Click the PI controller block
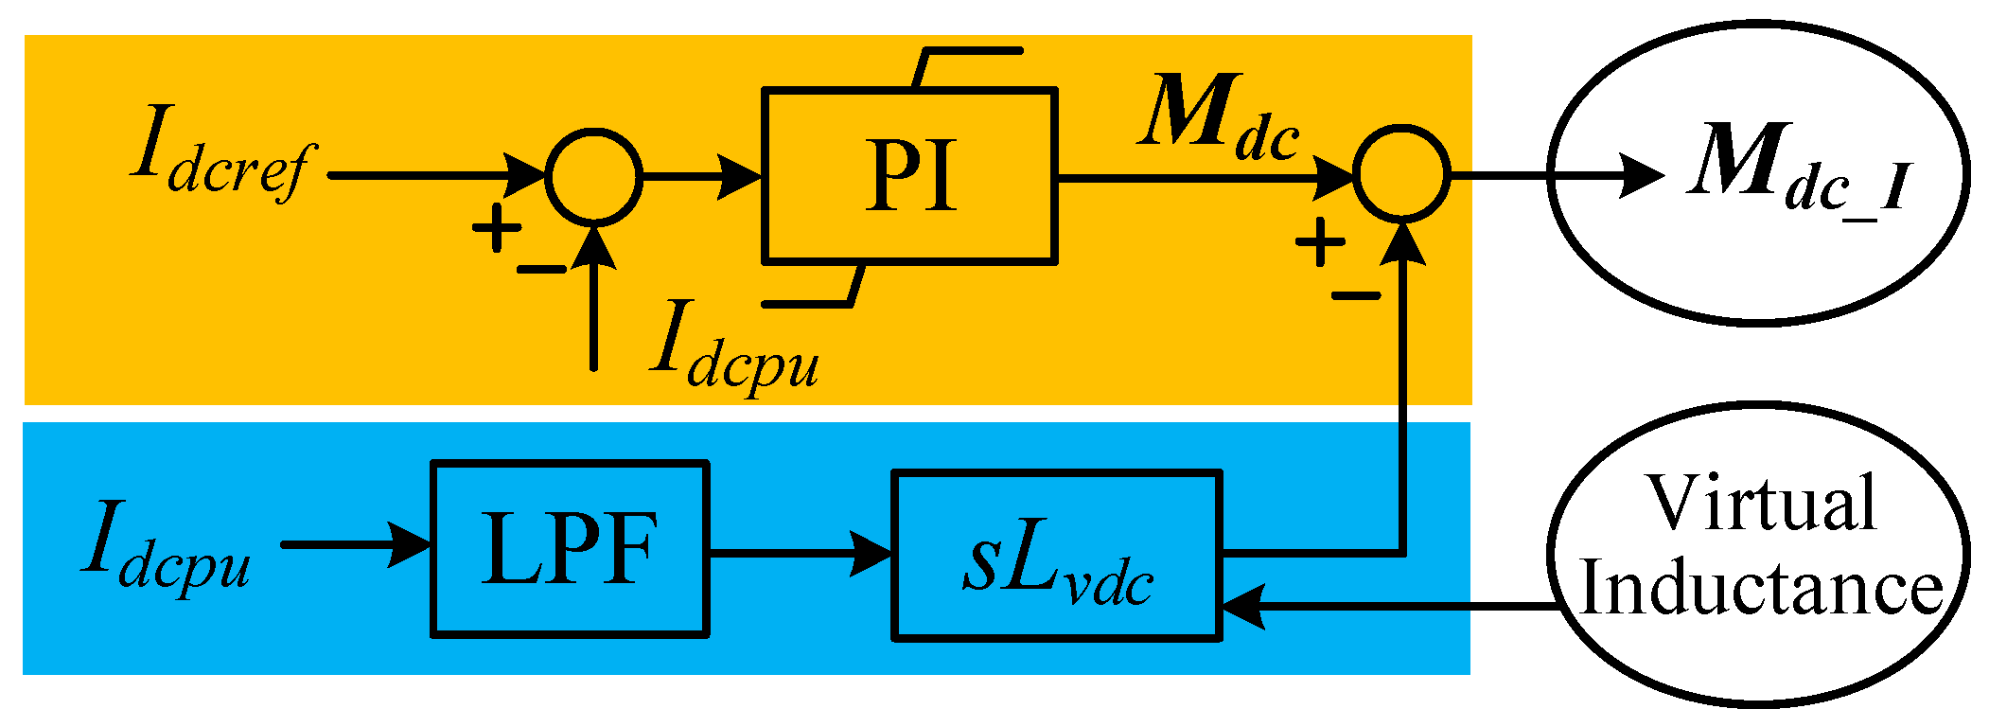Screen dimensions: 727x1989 (909, 175)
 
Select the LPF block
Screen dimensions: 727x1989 (570, 549)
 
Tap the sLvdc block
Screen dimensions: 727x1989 (1057, 556)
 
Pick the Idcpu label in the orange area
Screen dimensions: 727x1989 (734, 346)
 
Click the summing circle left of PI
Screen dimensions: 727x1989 (594, 176)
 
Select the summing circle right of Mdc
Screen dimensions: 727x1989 (1401, 174)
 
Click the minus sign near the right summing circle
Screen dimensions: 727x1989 (1356, 296)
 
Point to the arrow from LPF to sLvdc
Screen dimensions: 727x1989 (800, 553)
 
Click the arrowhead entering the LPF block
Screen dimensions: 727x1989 (413, 545)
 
